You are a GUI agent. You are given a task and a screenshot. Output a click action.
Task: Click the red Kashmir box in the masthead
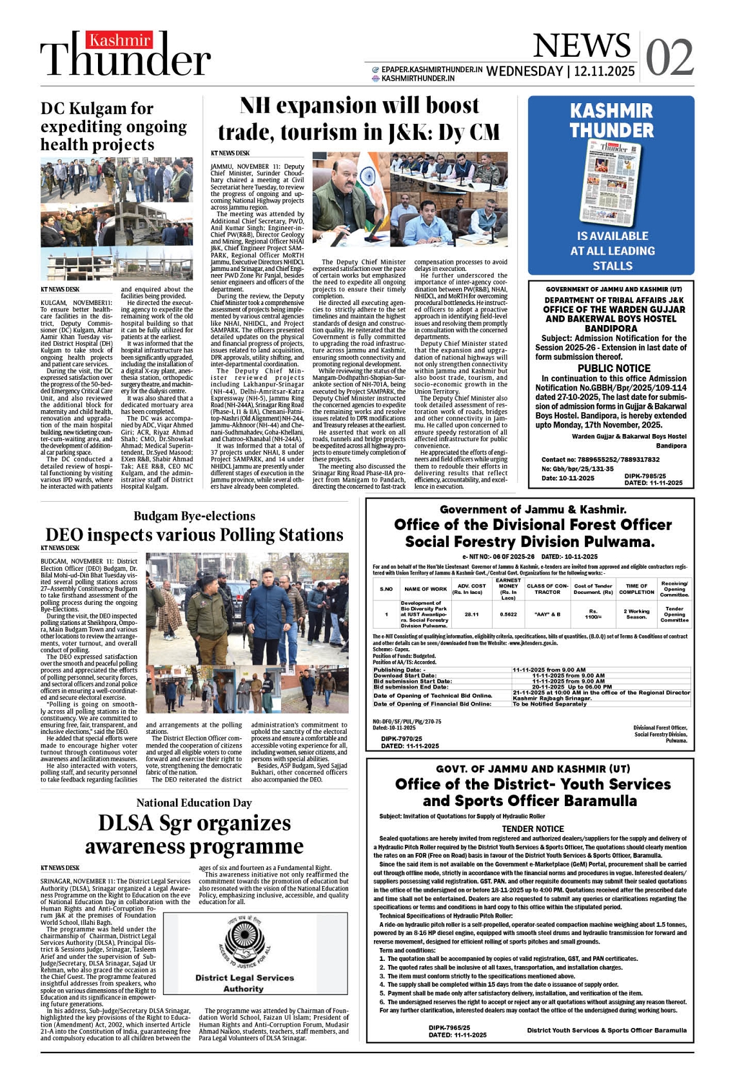pyautogui.click(x=121, y=41)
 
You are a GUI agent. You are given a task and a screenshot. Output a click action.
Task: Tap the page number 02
pyautogui.click(x=669, y=57)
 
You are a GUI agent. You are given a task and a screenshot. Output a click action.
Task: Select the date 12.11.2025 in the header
pyautogui.click(x=605, y=71)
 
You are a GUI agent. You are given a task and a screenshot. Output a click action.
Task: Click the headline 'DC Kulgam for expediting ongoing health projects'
pyautogui.click(x=113, y=126)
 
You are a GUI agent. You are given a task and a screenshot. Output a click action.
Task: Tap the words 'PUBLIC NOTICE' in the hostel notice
pyautogui.click(x=614, y=368)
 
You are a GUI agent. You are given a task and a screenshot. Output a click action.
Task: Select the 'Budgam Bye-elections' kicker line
pyautogui.click(x=194, y=516)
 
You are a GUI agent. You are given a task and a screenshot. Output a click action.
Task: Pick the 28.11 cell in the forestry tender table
pyautogui.click(x=471, y=615)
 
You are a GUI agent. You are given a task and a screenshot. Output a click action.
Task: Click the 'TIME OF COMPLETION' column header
pyautogui.click(x=636, y=589)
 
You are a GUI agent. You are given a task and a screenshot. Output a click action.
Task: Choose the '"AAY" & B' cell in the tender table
pyautogui.click(x=547, y=615)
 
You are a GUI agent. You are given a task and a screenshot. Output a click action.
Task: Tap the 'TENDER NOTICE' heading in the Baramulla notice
pyautogui.click(x=533, y=829)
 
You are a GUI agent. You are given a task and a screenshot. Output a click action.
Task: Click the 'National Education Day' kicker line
pyautogui.click(x=194, y=803)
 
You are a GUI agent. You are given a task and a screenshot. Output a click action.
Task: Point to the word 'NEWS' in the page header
pyautogui.click(x=582, y=46)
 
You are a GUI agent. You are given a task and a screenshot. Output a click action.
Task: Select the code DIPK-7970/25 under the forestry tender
pyautogui.click(x=401, y=738)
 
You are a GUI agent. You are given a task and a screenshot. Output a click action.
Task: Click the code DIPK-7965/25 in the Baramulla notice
pyautogui.click(x=449, y=1028)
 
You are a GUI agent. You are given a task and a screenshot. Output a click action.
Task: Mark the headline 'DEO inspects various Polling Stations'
pyautogui.click(x=194, y=535)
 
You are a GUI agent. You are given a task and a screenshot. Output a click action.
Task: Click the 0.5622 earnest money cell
pyautogui.click(x=508, y=615)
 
